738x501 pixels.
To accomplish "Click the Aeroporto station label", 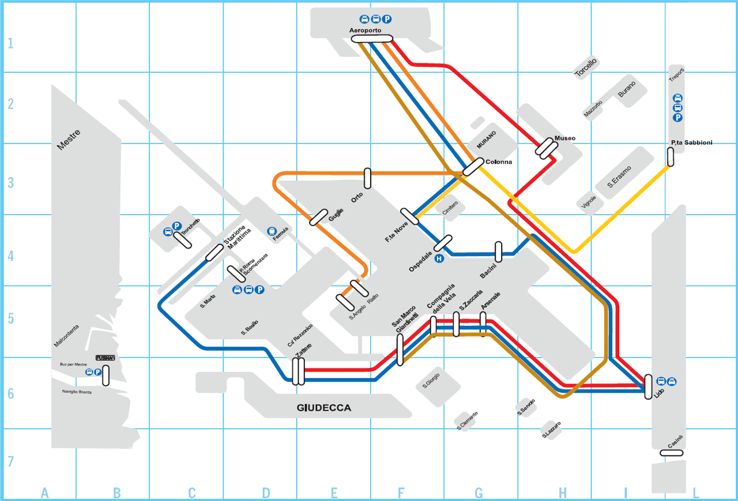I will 367,30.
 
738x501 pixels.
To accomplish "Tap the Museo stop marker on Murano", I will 545,148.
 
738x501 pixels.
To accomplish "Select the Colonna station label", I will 499,162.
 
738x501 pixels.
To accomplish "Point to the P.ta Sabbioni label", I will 691,142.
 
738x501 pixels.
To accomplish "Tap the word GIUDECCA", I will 323,408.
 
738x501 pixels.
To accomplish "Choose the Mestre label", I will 69,140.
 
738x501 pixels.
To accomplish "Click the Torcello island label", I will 586,67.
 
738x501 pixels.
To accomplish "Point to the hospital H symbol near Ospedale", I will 439,259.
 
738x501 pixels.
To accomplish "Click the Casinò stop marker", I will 672,453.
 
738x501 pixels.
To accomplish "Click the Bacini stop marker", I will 499,251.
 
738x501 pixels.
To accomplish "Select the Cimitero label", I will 450,209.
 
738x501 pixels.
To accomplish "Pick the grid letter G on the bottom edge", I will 479,493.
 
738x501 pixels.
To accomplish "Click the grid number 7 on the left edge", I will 10,462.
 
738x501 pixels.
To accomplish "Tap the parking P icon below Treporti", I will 678,118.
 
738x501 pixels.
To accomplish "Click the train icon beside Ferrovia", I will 271,231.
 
